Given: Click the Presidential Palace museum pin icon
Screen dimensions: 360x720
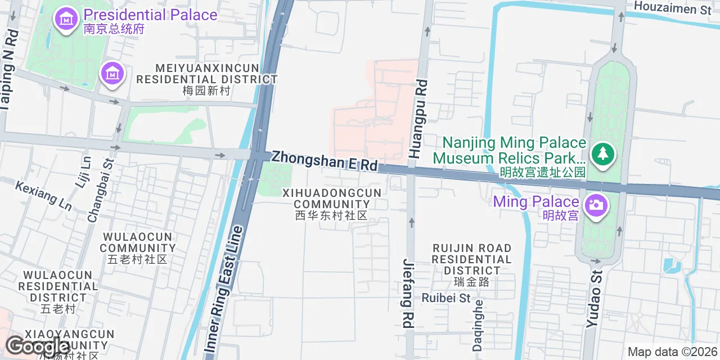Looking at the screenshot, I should (x=66, y=19).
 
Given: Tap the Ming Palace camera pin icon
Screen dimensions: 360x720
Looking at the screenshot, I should (x=596, y=204).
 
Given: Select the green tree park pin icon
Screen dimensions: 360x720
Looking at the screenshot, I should (x=602, y=152).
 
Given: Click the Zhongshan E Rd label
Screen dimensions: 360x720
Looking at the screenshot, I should (x=324, y=161).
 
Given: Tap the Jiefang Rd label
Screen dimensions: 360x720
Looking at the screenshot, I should (x=408, y=293).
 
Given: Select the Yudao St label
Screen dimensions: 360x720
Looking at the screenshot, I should (x=594, y=299).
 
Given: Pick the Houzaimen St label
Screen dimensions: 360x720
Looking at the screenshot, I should (x=672, y=8).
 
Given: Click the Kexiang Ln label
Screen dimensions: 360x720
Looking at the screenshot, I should (x=43, y=195).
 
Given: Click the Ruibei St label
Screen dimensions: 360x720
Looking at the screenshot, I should (x=445, y=298).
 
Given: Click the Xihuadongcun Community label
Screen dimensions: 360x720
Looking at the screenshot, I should (x=331, y=204).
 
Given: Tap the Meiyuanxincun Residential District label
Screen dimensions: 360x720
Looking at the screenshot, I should (x=207, y=79).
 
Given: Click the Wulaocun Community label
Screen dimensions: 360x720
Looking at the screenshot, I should (x=138, y=247).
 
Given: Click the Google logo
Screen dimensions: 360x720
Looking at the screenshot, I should (x=37, y=346).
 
